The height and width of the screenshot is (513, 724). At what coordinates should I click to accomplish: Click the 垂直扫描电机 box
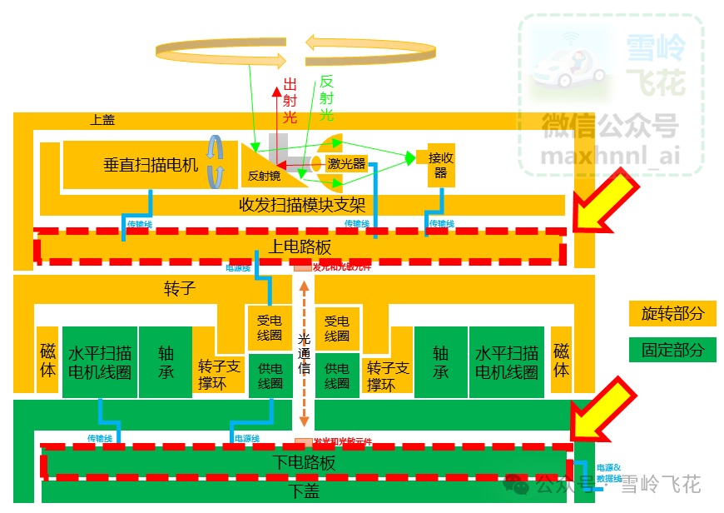tap(150, 164)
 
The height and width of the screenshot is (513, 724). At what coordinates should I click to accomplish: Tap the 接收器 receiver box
tap(440, 164)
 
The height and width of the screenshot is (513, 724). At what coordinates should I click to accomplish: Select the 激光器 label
tap(346, 164)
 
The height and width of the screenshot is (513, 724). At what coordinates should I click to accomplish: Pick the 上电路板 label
tap(300, 247)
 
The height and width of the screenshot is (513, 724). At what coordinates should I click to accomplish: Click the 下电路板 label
tap(305, 463)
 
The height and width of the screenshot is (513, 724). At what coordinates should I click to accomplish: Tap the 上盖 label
tap(102, 120)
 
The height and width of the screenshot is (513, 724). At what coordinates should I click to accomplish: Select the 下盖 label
tap(305, 491)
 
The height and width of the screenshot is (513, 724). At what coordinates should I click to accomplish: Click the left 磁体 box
tap(47, 360)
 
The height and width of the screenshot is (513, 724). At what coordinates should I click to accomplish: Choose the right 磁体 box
tap(562, 360)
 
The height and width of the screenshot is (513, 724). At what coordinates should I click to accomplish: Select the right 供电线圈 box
tap(336, 376)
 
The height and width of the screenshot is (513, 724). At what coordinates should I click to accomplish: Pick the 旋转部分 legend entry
tap(672, 313)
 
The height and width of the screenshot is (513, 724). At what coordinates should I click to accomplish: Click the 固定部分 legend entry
tap(672, 350)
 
